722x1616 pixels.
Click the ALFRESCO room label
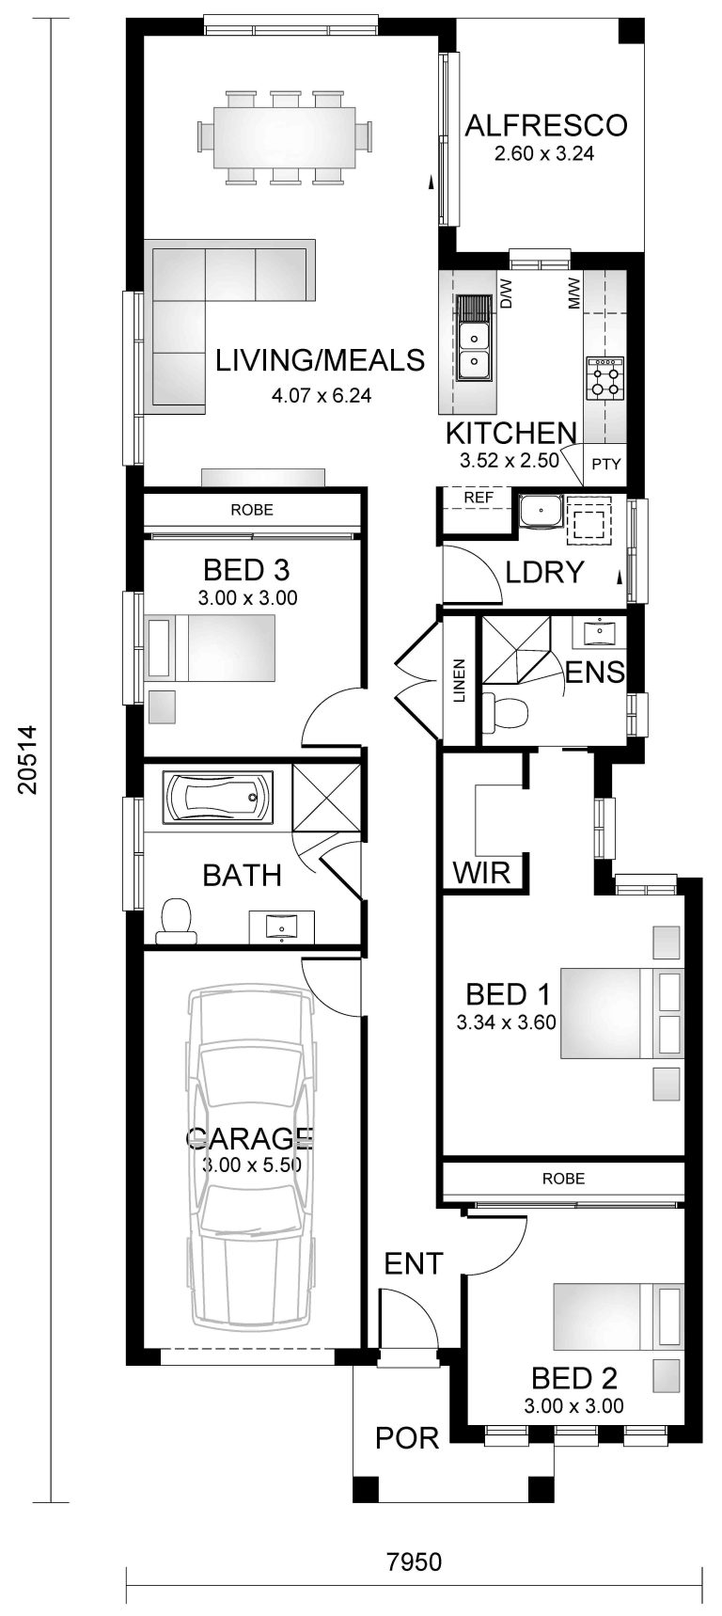545,125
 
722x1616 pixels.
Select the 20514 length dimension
27,759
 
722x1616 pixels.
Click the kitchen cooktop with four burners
604,378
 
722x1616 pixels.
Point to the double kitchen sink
474,348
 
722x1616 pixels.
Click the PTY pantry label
605,464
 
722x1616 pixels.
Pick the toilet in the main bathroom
177,921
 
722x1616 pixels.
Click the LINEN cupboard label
460,681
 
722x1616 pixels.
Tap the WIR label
481,872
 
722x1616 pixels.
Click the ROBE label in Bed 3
252,510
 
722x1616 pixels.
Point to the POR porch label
407,1438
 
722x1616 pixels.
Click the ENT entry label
414,1263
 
